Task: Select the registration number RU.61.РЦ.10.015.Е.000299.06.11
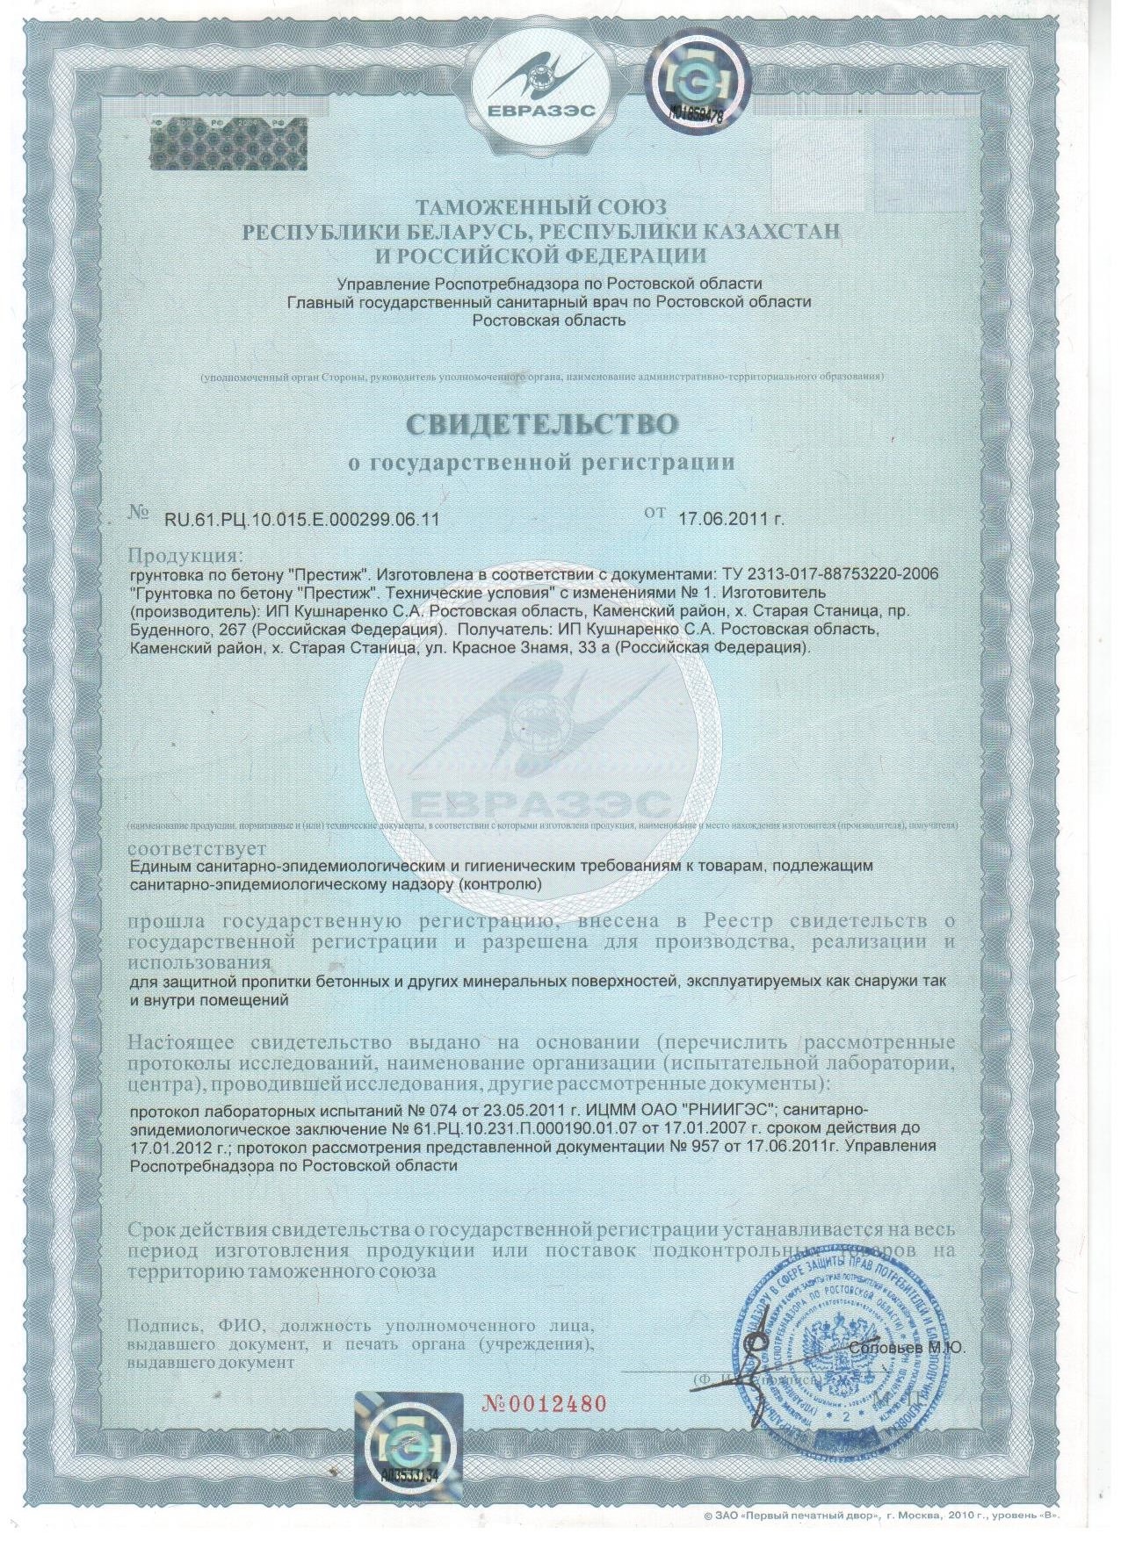click(x=301, y=519)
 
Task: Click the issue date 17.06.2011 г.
click(x=731, y=518)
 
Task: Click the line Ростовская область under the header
click(x=549, y=320)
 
